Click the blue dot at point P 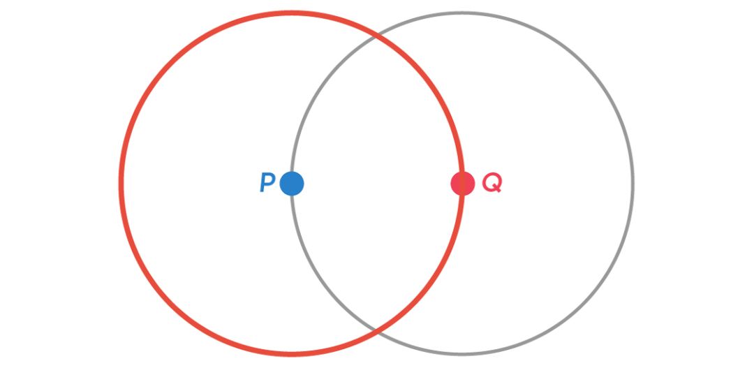[292, 184]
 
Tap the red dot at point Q [462, 184]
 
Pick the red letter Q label [491, 184]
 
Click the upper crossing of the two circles [377, 36]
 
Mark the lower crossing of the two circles [377, 330]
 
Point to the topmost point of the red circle [292, 13]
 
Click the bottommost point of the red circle [292, 353]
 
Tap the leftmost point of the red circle [121, 184]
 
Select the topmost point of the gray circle [462, 13]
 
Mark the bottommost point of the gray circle [462, 354]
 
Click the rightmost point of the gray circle [633, 184]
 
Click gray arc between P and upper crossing [315, 97]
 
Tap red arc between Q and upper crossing [439, 98]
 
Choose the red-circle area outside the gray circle [202, 184]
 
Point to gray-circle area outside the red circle [552, 184]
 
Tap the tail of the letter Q [498, 190]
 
